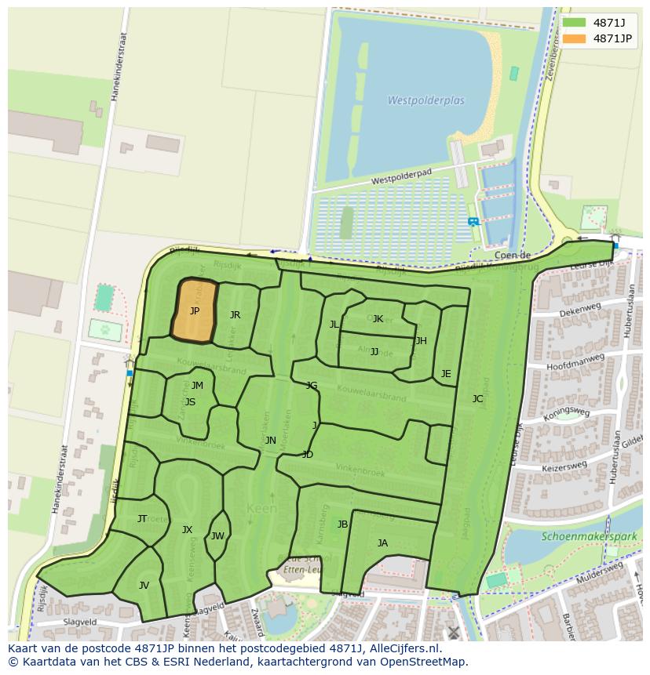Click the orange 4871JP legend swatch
click(x=574, y=38)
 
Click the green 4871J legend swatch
click(x=574, y=23)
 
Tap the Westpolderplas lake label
click(x=425, y=100)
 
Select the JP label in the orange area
click(x=195, y=311)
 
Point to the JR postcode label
click(x=235, y=315)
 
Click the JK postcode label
click(x=378, y=319)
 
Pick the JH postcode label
click(x=422, y=341)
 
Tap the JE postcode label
click(x=446, y=374)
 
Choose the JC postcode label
click(x=477, y=399)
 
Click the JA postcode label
click(x=382, y=543)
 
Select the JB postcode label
click(x=342, y=524)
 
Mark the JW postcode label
click(x=217, y=536)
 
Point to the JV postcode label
click(x=144, y=586)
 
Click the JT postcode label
click(x=142, y=519)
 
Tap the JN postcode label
click(x=270, y=441)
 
